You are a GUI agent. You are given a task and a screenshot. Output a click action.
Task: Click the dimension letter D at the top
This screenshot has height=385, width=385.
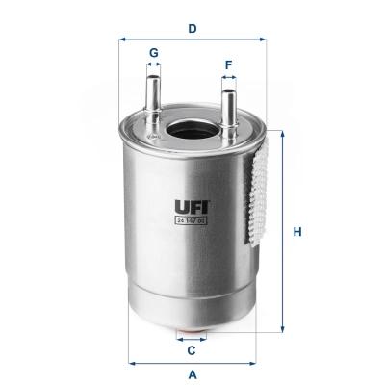192,28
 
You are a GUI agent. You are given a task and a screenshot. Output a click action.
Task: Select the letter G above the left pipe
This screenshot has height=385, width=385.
153,52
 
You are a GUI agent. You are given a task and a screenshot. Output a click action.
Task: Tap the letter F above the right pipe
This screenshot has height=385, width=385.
228,65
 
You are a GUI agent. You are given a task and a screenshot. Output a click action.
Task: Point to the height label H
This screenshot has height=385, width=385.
298,232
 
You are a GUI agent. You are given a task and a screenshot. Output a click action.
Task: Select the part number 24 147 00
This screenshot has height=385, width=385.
191,220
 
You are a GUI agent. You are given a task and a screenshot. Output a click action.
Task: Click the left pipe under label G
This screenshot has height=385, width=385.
153,95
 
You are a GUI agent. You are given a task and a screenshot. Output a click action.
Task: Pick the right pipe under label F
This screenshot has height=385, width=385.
228,109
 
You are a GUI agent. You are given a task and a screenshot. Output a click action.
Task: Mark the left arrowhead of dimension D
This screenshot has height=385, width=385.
122,39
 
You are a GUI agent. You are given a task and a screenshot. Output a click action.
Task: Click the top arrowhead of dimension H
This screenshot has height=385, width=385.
283,134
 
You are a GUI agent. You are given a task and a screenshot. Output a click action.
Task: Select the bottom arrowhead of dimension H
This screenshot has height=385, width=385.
283,328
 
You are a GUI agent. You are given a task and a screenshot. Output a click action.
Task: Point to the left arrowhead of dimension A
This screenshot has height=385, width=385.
130,363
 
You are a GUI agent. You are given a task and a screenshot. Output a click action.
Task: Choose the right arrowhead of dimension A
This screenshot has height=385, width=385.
254,363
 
